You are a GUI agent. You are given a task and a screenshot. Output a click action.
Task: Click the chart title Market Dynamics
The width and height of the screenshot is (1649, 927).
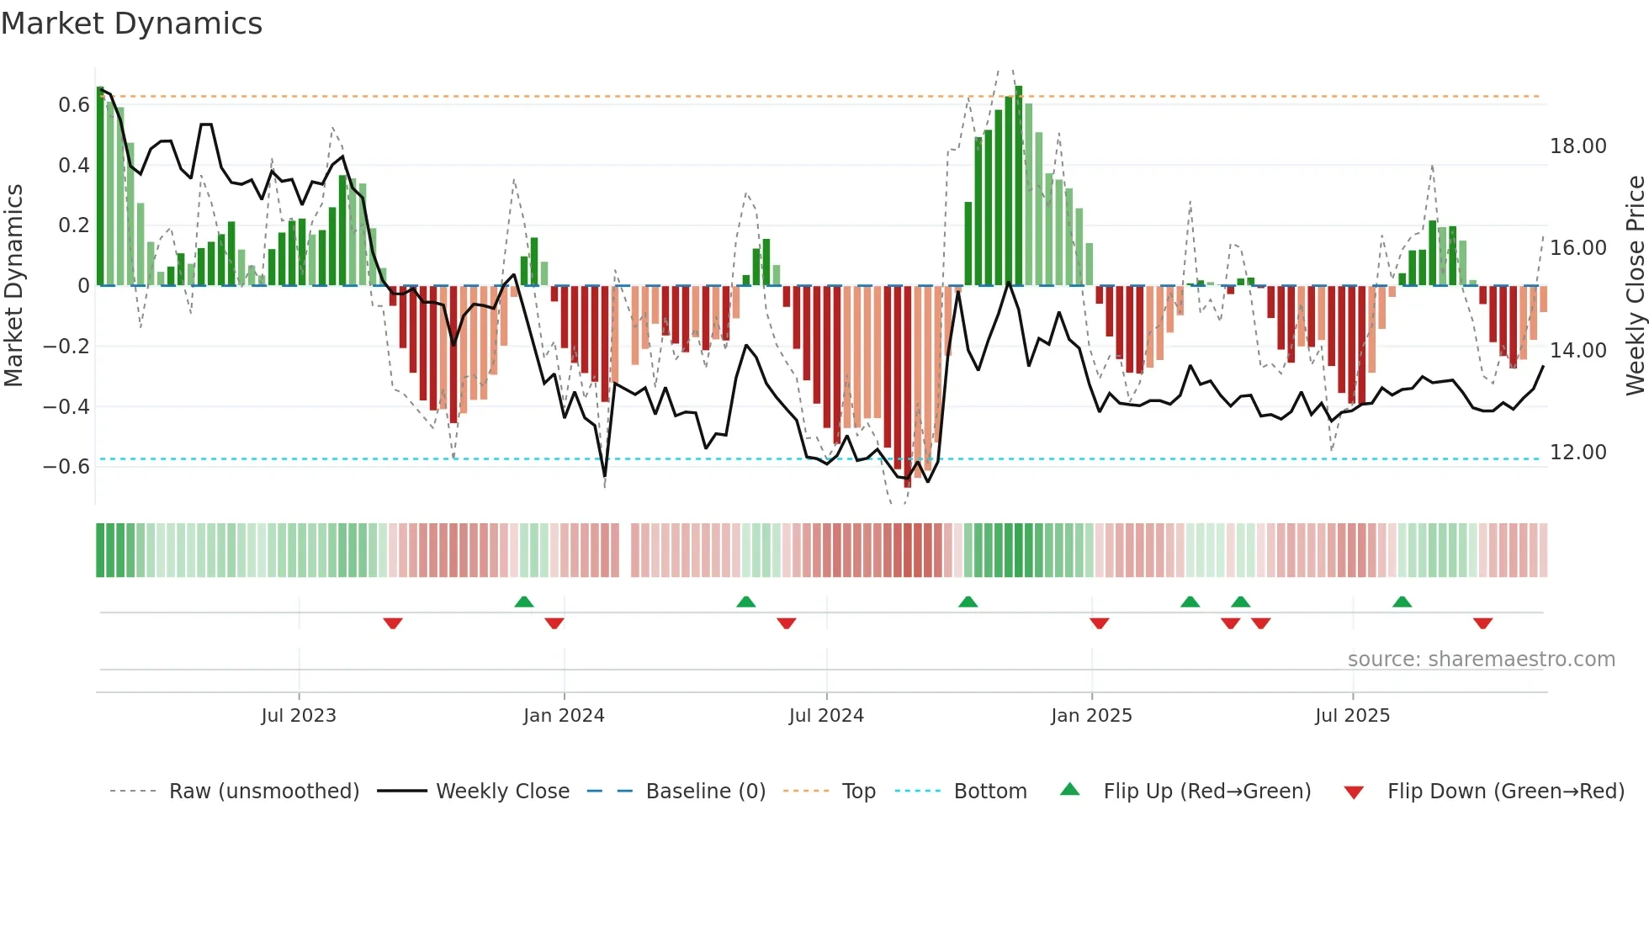point(131,24)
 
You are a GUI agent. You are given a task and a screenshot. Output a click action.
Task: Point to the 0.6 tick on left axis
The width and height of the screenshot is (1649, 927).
point(73,105)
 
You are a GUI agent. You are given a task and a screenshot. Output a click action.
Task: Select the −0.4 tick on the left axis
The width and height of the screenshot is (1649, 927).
point(66,407)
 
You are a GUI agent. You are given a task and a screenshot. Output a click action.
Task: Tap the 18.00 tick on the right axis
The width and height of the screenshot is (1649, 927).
point(1577,146)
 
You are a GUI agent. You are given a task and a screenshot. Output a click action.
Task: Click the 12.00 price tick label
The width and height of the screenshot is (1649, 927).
point(1577,453)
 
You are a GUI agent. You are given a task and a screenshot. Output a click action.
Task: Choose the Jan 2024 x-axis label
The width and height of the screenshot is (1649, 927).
point(564,716)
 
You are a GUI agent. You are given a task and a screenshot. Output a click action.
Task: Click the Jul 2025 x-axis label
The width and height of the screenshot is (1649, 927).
point(1352,716)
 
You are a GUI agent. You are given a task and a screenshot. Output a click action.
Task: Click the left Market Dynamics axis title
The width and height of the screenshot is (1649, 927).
point(13,286)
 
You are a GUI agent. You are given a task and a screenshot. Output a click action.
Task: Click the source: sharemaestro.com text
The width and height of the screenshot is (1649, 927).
point(1481,659)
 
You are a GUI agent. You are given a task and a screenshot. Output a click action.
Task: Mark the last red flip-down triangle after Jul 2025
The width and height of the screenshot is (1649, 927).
point(1482,623)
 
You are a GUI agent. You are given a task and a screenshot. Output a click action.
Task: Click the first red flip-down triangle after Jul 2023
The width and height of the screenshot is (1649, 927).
point(393,623)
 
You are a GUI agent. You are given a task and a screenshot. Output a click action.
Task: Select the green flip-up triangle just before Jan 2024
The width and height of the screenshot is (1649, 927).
point(524,601)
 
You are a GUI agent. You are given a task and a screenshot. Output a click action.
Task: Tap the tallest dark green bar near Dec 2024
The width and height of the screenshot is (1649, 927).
point(1019,185)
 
